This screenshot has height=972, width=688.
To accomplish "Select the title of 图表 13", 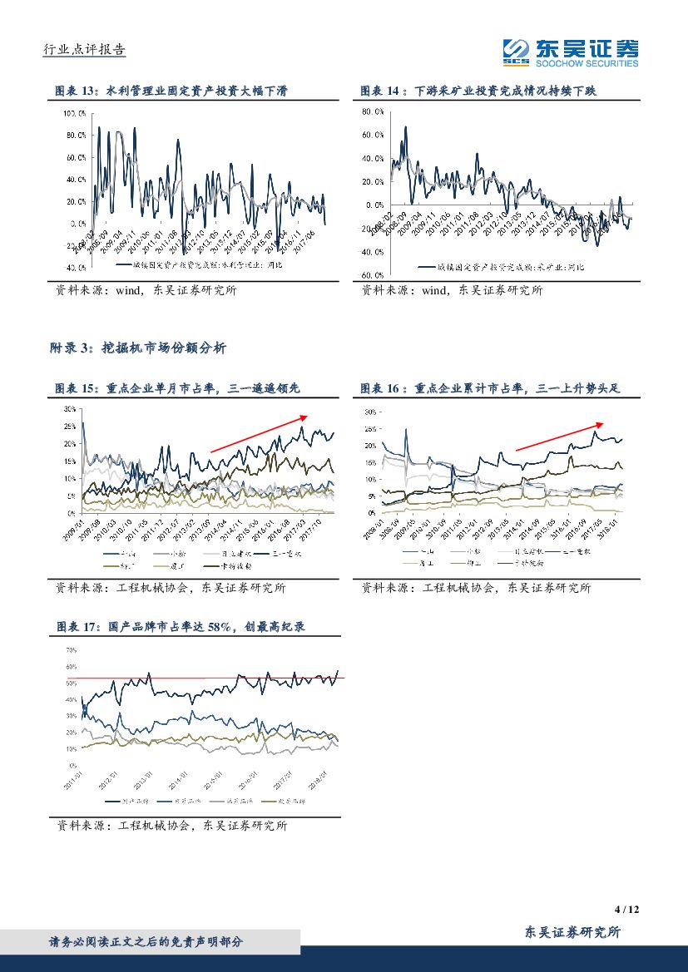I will (x=171, y=90).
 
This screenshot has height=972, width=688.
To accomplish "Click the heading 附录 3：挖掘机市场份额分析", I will (x=137, y=349).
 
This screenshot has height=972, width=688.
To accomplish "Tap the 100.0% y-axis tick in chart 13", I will (x=74, y=112).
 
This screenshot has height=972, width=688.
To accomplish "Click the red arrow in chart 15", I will (x=259, y=433).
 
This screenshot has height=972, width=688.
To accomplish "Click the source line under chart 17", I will (x=171, y=826).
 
